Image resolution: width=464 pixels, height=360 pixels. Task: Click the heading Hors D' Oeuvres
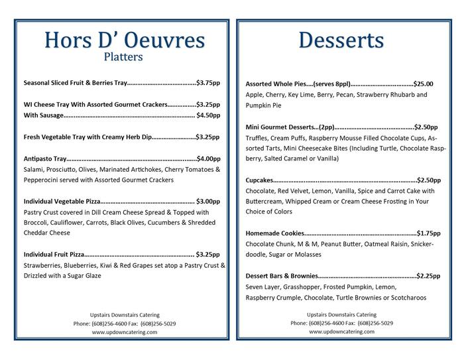pyautogui.click(x=124, y=39)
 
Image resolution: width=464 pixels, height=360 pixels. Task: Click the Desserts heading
pyautogui.click(x=341, y=39)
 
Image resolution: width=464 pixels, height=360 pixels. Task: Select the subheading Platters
pyautogui.click(x=123, y=57)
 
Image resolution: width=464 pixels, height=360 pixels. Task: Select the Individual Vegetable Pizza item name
pyautogui.click(x=62, y=201)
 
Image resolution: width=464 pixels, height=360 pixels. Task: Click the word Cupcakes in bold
pyautogui.click(x=259, y=180)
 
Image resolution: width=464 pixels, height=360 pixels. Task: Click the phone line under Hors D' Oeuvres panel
pyautogui.click(x=125, y=323)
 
